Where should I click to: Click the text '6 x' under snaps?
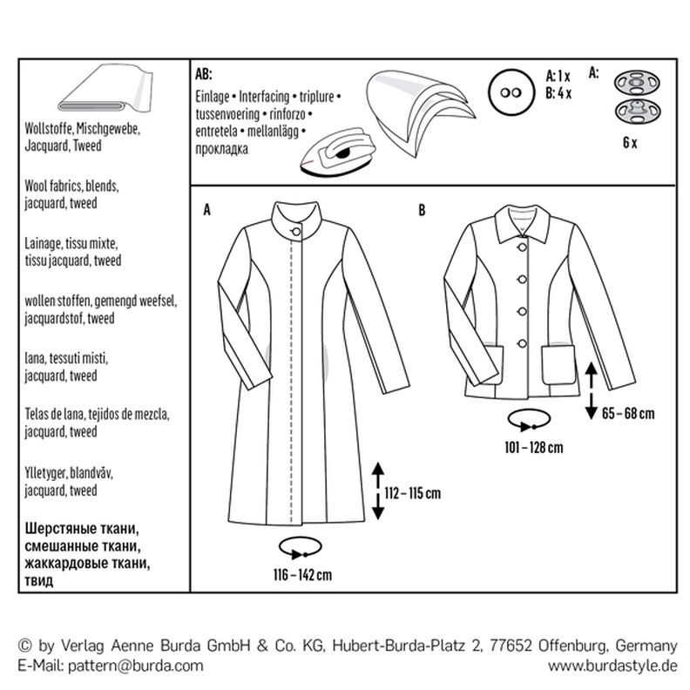point(629,144)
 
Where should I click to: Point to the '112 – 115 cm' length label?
point(412,494)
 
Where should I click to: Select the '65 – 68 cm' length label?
point(627,414)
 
